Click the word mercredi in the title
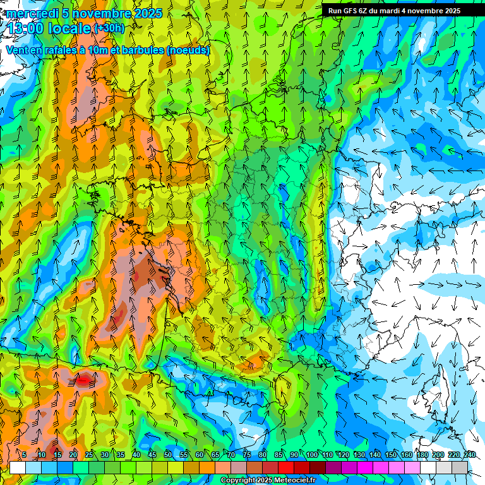(31, 13)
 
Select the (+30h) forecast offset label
(109, 28)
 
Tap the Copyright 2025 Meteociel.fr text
(268, 481)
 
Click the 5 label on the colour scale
(25, 455)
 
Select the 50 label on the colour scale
(168, 455)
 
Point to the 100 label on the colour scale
(312, 455)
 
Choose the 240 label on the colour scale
(470, 455)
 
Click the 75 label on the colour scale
(247, 455)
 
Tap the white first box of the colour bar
(18, 467)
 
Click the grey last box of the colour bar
(460, 467)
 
